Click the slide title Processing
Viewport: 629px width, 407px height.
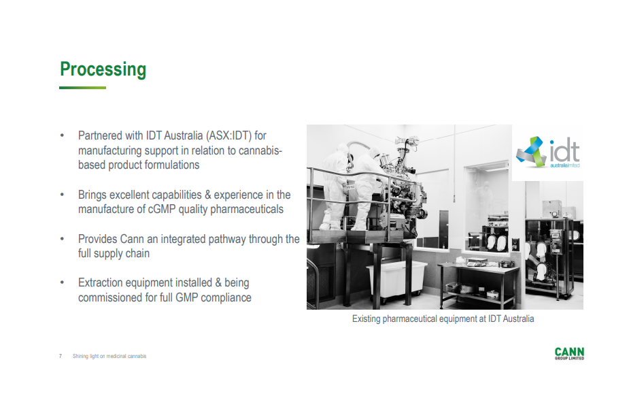pos(103,70)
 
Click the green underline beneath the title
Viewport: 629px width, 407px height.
pos(83,88)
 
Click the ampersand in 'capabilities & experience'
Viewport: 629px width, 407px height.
pos(208,195)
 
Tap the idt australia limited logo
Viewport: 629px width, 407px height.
pos(547,152)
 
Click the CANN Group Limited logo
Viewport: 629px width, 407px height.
pos(569,354)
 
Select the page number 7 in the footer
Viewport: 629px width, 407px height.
pos(61,356)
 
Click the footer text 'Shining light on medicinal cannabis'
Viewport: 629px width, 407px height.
pos(109,356)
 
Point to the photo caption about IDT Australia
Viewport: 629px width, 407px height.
pos(443,319)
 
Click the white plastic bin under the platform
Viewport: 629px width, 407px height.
pos(397,279)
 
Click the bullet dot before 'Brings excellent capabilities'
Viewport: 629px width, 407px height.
pos(62,195)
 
